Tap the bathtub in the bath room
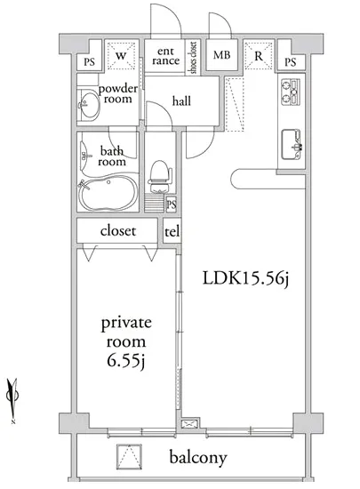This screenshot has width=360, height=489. (108, 193)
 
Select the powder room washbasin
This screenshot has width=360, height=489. (89, 105)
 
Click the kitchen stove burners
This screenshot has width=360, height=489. (291, 92)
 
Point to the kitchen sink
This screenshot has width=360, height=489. (292, 144)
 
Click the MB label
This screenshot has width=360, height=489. (222, 55)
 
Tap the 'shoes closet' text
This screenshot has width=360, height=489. (193, 58)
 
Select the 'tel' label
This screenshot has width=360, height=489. (172, 232)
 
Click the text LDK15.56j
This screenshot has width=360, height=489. (245, 278)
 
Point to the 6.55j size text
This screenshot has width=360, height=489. (126, 362)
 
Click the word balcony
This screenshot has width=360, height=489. (198, 458)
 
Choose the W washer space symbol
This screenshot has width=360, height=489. (121, 56)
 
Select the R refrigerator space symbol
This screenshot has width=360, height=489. (259, 56)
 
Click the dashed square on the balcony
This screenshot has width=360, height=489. (130, 457)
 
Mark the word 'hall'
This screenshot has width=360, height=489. (181, 101)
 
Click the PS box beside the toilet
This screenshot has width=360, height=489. (172, 204)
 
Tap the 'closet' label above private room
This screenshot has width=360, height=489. (118, 231)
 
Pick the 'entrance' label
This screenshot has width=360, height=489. (166, 56)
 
